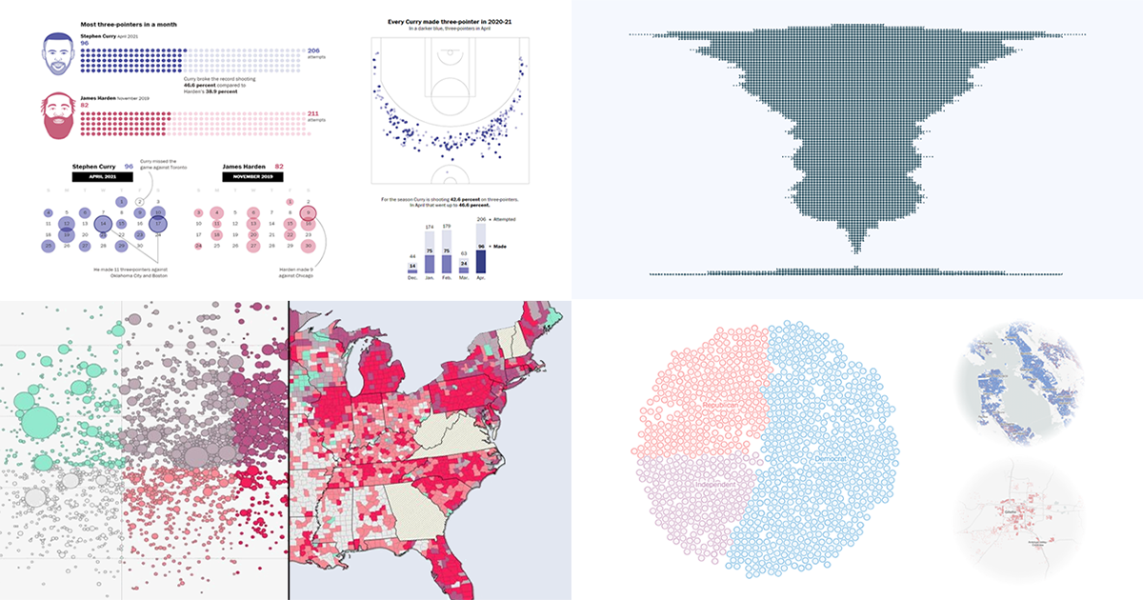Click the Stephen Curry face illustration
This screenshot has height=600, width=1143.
(x=59, y=54)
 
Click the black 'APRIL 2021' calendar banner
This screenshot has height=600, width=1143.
(x=102, y=177)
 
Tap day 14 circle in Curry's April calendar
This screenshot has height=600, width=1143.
(x=103, y=223)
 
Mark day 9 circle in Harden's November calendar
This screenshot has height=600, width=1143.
(x=307, y=212)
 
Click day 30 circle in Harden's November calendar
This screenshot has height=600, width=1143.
(x=307, y=246)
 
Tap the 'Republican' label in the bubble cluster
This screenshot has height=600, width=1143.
(x=722, y=407)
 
